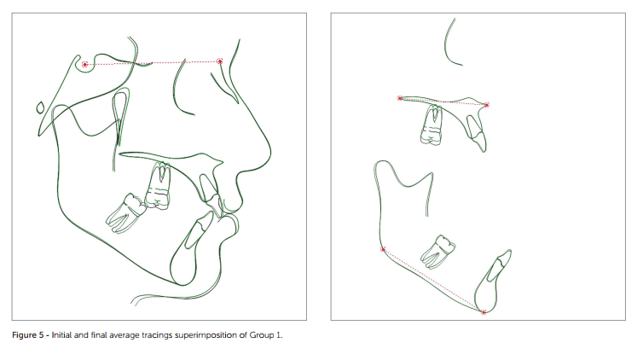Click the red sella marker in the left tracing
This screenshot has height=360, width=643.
(x=84, y=64)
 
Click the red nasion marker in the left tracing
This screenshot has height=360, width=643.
(x=220, y=61)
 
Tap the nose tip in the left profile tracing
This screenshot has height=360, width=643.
(x=270, y=153)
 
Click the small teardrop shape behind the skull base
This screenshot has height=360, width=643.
(x=41, y=107)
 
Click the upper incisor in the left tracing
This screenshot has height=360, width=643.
(x=211, y=193)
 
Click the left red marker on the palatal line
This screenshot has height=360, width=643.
(x=400, y=98)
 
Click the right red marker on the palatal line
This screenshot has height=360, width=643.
(x=487, y=105)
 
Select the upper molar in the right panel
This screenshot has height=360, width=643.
(x=432, y=125)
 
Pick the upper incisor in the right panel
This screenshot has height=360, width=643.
(x=477, y=132)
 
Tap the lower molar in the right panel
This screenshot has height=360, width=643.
(x=438, y=252)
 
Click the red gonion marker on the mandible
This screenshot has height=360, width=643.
(x=383, y=249)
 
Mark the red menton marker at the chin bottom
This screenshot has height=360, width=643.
(x=484, y=312)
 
